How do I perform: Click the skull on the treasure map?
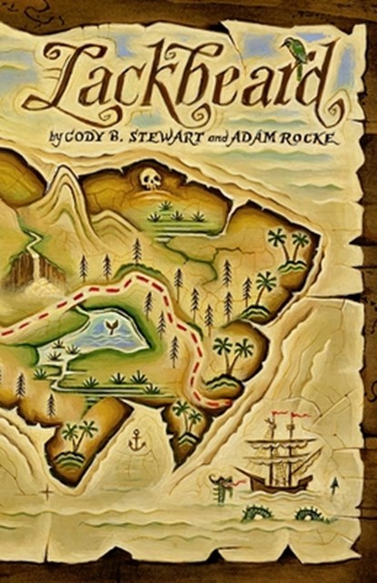[150, 178]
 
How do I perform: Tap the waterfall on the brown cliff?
[32, 270]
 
